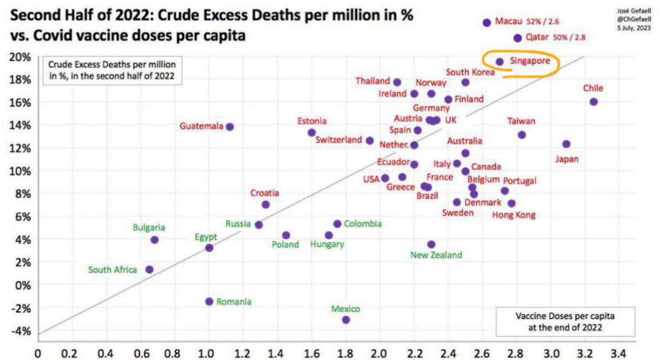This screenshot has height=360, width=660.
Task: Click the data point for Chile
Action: pyautogui.click(x=594, y=102)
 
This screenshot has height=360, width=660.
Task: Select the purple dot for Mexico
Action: pyautogui.click(x=346, y=320)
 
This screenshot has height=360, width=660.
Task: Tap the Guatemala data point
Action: pyautogui.click(x=230, y=127)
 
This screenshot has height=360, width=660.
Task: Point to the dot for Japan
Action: pyautogui.click(x=567, y=144)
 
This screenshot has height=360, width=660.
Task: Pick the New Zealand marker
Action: pyautogui.click(x=431, y=244)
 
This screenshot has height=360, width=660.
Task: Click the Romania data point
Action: pyautogui.click(x=209, y=301)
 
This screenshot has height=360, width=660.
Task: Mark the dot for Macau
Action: pyautogui.click(x=486, y=22)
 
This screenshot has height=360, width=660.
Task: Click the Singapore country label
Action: pyautogui.click(x=529, y=61)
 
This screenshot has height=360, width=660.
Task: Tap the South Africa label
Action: pyautogui.click(x=112, y=269)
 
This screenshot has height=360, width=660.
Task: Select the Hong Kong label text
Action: pyautogui.click(x=514, y=215)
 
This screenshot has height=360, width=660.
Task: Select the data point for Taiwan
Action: pyautogui.click(x=522, y=135)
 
